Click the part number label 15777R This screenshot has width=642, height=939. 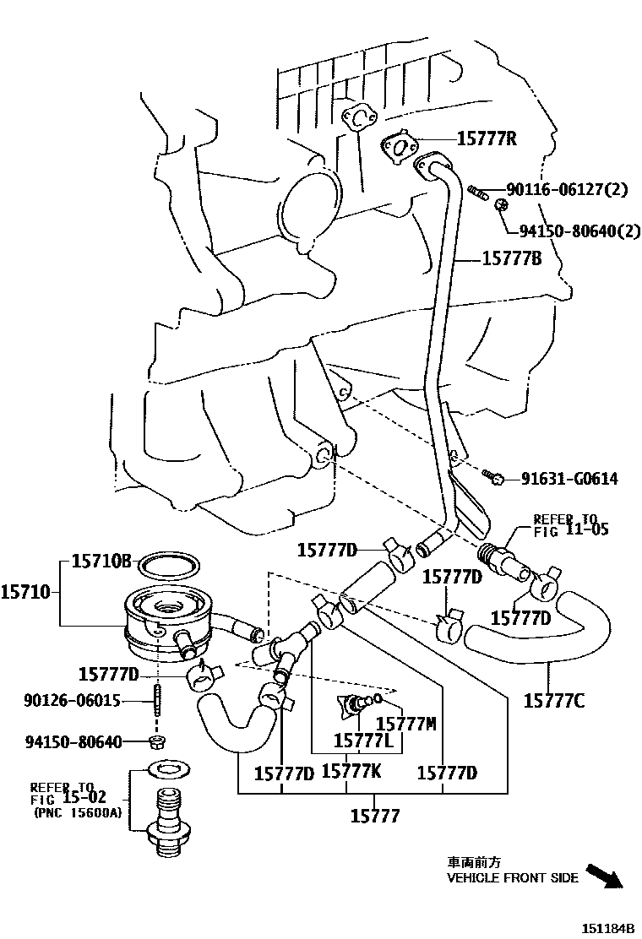pos(487,138)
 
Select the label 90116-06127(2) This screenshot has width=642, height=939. pos(567,190)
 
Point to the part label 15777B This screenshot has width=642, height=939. pos(511,259)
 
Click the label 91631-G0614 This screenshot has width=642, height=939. pos(569,479)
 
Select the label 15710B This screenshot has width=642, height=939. pos(101,560)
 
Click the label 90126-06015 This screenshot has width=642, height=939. pos(73,700)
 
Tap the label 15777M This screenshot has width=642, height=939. pos(405,724)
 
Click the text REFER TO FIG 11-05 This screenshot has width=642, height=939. pos(570,524)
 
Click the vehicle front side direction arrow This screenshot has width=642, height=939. pos(604,874)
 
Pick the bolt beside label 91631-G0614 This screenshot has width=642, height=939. pos(498,479)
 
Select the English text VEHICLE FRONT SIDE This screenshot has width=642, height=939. pos(512,878)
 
